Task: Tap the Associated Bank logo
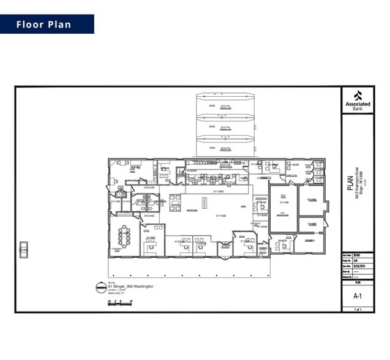[358, 99]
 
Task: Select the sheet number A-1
[358, 296]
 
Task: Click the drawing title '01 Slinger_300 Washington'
[130, 287]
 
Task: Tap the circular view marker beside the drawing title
[100, 287]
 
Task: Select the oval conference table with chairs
[124, 234]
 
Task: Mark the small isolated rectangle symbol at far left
[24, 249]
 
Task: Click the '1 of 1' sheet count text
[358, 310]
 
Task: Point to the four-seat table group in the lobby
[176, 203]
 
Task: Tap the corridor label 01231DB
[149, 216]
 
